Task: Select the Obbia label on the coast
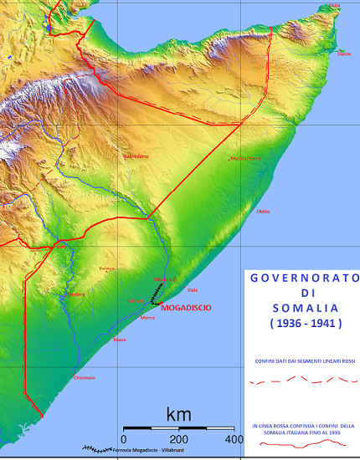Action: [x=264, y=212]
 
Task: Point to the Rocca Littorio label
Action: [x=246, y=158]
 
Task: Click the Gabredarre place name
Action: [x=136, y=156]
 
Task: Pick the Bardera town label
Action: [x=76, y=294]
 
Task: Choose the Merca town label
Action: [x=148, y=318]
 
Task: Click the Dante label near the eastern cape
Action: [x=344, y=54]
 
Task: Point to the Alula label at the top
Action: [x=336, y=6]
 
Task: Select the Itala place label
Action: [x=193, y=290]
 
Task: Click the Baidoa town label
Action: [x=105, y=268]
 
